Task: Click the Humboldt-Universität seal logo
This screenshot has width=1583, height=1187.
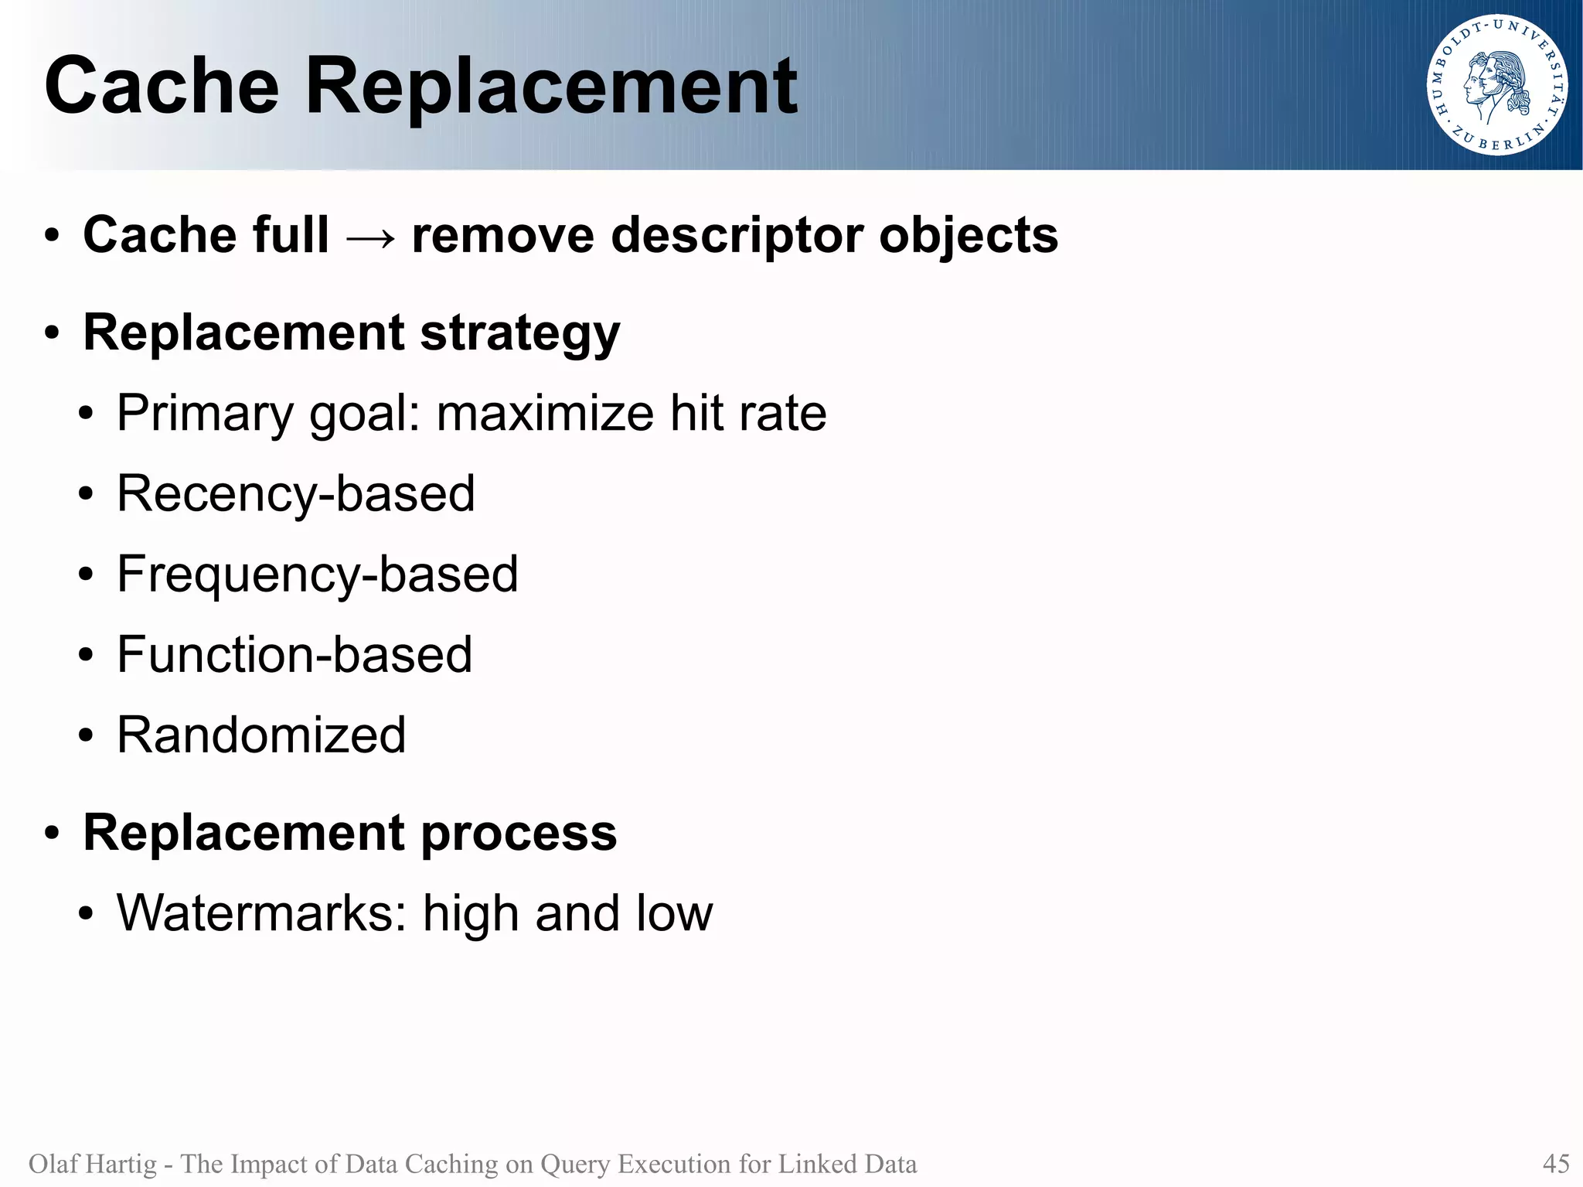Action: pos(1496,85)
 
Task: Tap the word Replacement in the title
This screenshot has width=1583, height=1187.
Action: pos(551,87)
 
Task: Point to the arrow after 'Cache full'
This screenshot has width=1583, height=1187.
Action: pos(370,237)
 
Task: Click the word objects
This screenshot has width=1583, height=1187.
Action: pos(969,236)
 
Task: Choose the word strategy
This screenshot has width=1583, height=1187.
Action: pos(519,334)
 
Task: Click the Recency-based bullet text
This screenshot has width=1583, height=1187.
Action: pos(296,494)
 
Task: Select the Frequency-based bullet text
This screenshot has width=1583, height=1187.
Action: pos(318,575)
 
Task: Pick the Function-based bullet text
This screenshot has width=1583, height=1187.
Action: pos(294,655)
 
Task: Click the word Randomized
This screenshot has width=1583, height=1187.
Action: pos(261,735)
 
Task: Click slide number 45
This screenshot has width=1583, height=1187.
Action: pos(1555,1163)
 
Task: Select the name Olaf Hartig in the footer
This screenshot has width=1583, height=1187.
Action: pos(92,1163)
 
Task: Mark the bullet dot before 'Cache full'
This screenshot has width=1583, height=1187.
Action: pos(52,237)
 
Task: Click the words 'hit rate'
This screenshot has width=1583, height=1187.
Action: pos(748,413)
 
